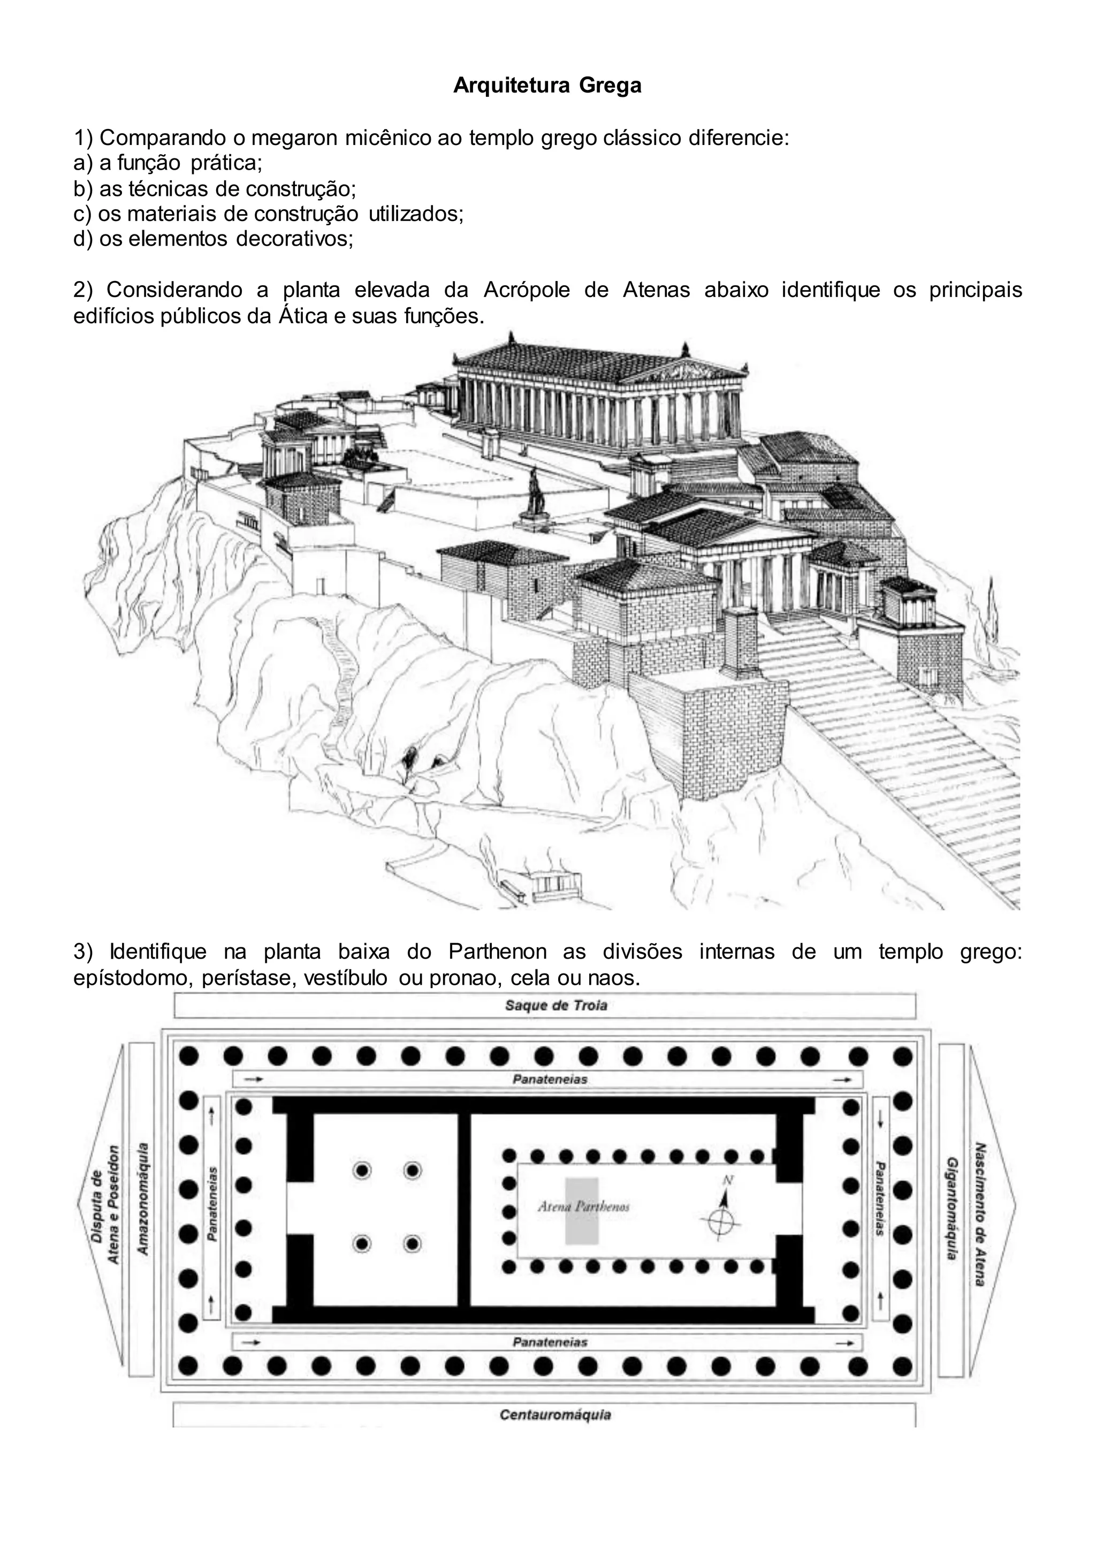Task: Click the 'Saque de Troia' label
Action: (556, 1005)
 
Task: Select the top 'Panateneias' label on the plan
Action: (550, 1080)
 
